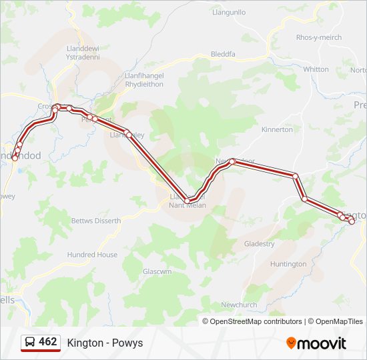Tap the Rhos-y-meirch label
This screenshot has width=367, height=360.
(x=319, y=37)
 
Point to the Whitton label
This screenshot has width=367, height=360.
(x=316, y=69)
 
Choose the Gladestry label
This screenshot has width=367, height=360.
(x=259, y=244)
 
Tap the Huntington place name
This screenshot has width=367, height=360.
(x=288, y=264)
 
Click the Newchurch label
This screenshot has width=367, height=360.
(x=239, y=305)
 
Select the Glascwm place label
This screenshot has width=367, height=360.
(x=157, y=272)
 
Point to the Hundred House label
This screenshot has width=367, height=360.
(x=92, y=255)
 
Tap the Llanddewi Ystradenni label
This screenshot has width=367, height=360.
(x=83, y=53)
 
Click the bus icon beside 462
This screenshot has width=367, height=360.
(x=30, y=343)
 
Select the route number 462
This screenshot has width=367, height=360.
(x=48, y=342)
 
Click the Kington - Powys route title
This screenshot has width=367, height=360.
(x=105, y=343)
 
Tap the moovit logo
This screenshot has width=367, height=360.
(x=316, y=343)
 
